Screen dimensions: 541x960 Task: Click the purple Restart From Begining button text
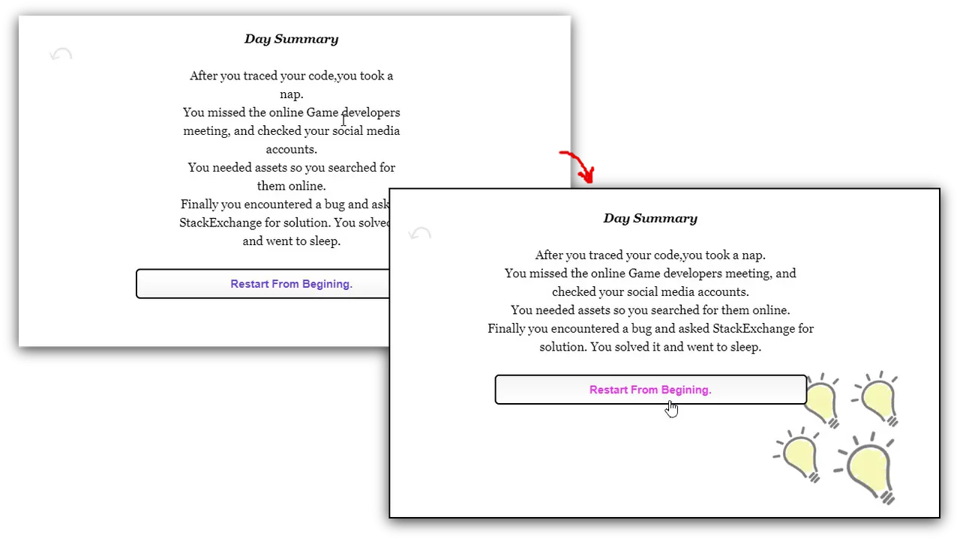tap(291, 284)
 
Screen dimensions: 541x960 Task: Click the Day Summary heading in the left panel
tap(291, 39)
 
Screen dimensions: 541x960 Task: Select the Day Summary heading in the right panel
tap(650, 219)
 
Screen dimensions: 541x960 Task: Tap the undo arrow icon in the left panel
tap(61, 54)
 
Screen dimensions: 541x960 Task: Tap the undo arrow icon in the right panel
tap(420, 234)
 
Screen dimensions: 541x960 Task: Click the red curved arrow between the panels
tap(577, 166)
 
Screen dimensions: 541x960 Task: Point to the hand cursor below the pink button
tap(671, 408)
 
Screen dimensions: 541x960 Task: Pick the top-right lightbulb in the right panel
tap(877, 397)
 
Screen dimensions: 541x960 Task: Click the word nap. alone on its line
tap(291, 94)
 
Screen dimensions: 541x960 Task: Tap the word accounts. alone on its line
tap(291, 149)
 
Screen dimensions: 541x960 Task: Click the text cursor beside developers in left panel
tap(343, 119)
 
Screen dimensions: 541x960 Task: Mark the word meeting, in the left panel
tap(206, 131)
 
